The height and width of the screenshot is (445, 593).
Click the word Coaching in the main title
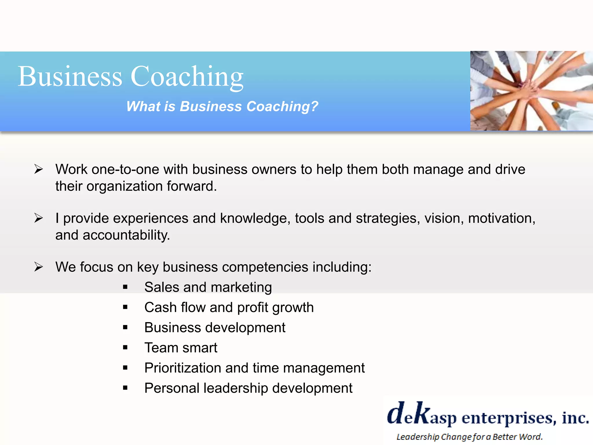(x=187, y=76)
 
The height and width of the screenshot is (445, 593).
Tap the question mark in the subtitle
(x=314, y=106)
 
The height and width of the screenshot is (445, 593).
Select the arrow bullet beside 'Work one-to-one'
(x=39, y=169)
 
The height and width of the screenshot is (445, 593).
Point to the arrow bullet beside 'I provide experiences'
(x=39, y=218)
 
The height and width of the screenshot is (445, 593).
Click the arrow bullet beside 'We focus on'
(x=39, y=267)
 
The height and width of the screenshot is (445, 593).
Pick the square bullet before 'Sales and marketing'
(x=125, y=287)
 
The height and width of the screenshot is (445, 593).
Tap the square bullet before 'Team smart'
(x=125, y=348)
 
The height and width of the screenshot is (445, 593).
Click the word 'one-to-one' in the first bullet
(x=125, y=169)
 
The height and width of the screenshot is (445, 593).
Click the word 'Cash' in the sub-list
(x=160, y=307)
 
